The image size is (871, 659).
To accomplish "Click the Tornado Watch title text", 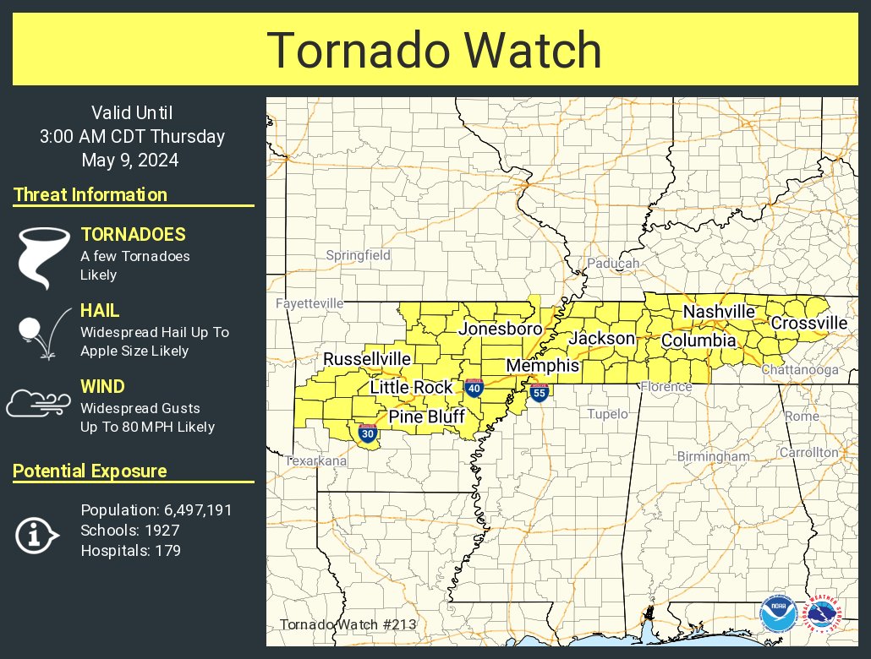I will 435,50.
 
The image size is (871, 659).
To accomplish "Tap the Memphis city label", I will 542,366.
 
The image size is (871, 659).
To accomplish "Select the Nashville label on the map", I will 719,312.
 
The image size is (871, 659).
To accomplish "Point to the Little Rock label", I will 413,388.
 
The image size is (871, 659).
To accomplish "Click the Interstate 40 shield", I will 474,389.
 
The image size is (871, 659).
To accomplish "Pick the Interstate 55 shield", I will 539,392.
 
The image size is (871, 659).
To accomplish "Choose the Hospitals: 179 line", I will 130,551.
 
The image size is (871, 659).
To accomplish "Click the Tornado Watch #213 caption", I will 347,625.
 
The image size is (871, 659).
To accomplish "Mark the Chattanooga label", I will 799,370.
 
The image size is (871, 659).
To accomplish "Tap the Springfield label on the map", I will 359,255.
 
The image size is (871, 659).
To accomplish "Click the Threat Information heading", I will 90,195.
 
